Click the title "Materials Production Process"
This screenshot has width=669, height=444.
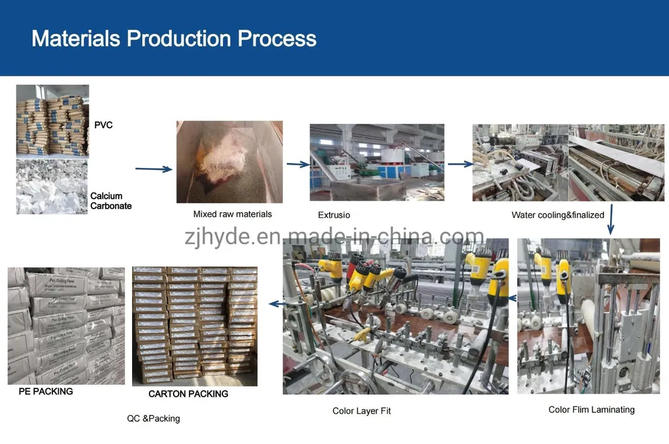click(174, 39)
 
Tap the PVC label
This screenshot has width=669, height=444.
click(103, 125)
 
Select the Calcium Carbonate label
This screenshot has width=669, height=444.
click(111, 201)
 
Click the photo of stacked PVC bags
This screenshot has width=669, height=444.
click(52, 121)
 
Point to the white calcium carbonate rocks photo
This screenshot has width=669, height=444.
click(52, 187)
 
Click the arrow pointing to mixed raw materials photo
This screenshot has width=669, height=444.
click(154, 169)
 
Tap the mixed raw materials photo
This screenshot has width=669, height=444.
click(229, 162)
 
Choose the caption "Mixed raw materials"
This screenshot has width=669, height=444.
click(232, 214)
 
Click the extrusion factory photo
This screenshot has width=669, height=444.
click(377, 162)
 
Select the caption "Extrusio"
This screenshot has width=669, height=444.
click(334, 215)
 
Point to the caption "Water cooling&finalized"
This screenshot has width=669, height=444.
click(558, 215)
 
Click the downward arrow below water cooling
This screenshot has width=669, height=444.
click(611, 220)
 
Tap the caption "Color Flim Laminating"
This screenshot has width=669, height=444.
click(591, 410)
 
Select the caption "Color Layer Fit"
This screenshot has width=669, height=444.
click(361, 411)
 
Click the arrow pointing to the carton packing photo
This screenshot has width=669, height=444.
click(274, 304)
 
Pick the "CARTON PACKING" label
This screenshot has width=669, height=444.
click(188, 394)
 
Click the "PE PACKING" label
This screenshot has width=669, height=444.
click(44, 392)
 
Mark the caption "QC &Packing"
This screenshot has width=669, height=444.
click(154, 418)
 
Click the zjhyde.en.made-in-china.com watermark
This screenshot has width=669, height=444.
click(334, 237)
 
